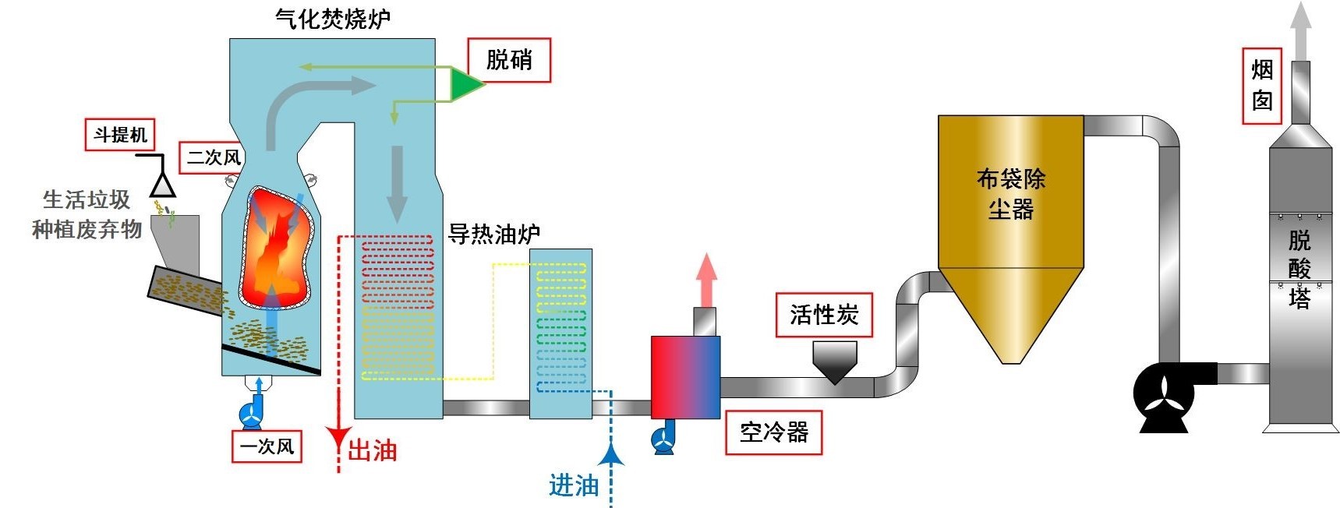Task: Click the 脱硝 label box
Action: pos(509,60)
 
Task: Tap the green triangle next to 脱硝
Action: pos(465,83)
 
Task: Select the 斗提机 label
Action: pos(120,135)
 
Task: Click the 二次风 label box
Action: pos(212,157)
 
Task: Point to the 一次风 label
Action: pos(267,446)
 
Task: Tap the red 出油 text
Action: pos(372,450)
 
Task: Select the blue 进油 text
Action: pos(574,485)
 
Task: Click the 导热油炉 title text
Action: pos(494,234)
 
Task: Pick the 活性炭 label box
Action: pos(824,315)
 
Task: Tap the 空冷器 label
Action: pos(773,432)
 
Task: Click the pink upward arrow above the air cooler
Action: pos(706,279)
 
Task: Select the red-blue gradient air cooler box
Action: pos(685,377)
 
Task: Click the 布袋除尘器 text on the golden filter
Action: pos(1010,194)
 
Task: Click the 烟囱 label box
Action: pos(1262,85)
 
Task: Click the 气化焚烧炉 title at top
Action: pos(333,19)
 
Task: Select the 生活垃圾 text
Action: pos(87,200)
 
